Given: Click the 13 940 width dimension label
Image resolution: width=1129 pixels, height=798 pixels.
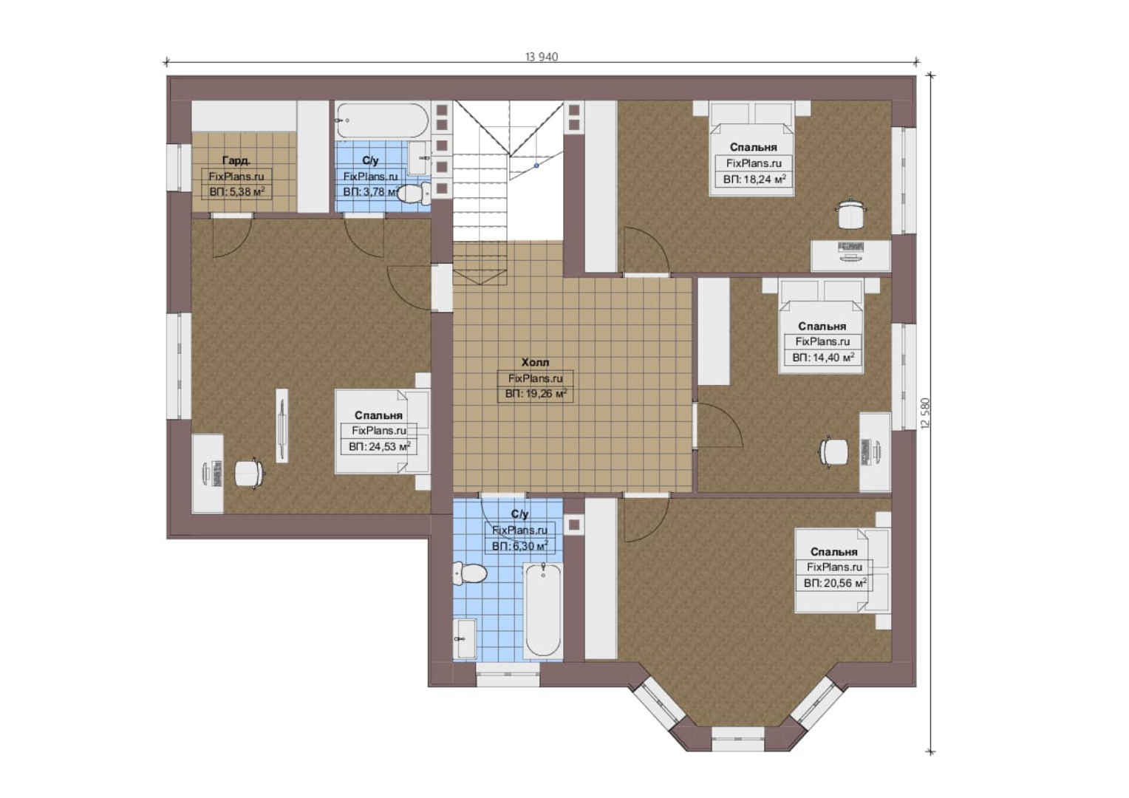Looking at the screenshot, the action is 542,57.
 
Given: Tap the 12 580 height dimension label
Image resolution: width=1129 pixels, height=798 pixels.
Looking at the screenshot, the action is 925,413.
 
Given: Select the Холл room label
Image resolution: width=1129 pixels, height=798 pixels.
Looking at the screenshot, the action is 535,362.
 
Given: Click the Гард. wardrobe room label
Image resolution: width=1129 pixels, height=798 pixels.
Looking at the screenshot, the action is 236,160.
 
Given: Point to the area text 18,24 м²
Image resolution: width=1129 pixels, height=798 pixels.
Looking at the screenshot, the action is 762,179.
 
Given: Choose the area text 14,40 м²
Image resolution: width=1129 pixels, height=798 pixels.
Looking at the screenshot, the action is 831,358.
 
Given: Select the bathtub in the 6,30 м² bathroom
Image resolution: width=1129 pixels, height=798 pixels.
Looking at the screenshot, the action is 543,611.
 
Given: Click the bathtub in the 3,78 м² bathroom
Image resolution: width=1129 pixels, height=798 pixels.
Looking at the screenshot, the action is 383,120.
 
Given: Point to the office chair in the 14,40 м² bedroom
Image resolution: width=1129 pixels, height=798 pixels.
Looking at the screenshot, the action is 834,451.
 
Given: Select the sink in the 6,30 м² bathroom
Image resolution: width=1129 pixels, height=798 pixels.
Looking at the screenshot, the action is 464,638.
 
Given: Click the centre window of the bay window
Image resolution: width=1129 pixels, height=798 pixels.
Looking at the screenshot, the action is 738,739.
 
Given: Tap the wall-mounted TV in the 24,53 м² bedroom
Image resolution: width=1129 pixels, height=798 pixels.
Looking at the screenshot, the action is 282,426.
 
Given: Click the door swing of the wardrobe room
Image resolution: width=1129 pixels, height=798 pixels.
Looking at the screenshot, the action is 232,238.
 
